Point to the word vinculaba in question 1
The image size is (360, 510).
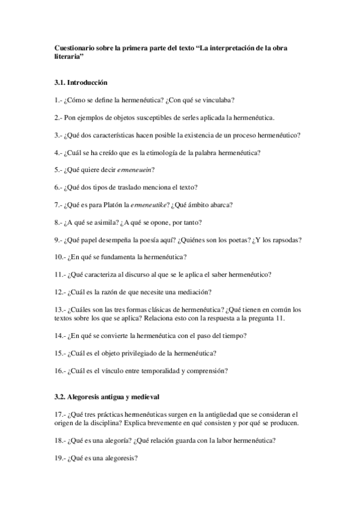click(x=219, y=99)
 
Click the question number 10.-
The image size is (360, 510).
click(x=59, y=257)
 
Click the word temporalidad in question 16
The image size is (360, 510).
click(x=157, y=370)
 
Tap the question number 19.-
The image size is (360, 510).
click(x=59, y=458)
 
